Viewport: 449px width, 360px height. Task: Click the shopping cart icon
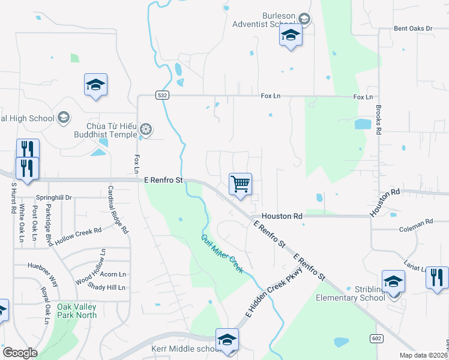[240, 183]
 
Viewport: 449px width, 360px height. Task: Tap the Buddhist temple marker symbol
[145, 129]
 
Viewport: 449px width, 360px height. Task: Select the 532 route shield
[161, 95]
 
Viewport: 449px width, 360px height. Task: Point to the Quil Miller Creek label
[222, 253]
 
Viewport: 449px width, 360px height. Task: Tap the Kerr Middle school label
[194, 349]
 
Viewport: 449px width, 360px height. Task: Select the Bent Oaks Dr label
[413, 28]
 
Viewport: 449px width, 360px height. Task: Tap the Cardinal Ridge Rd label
[118, 209]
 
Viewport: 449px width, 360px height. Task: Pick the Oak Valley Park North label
[76, 311]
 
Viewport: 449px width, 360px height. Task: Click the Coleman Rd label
[416, 222]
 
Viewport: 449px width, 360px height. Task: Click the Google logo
[20, 353]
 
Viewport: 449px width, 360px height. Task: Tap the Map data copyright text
[424, 355]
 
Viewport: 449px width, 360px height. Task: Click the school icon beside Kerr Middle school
[228, 339]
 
